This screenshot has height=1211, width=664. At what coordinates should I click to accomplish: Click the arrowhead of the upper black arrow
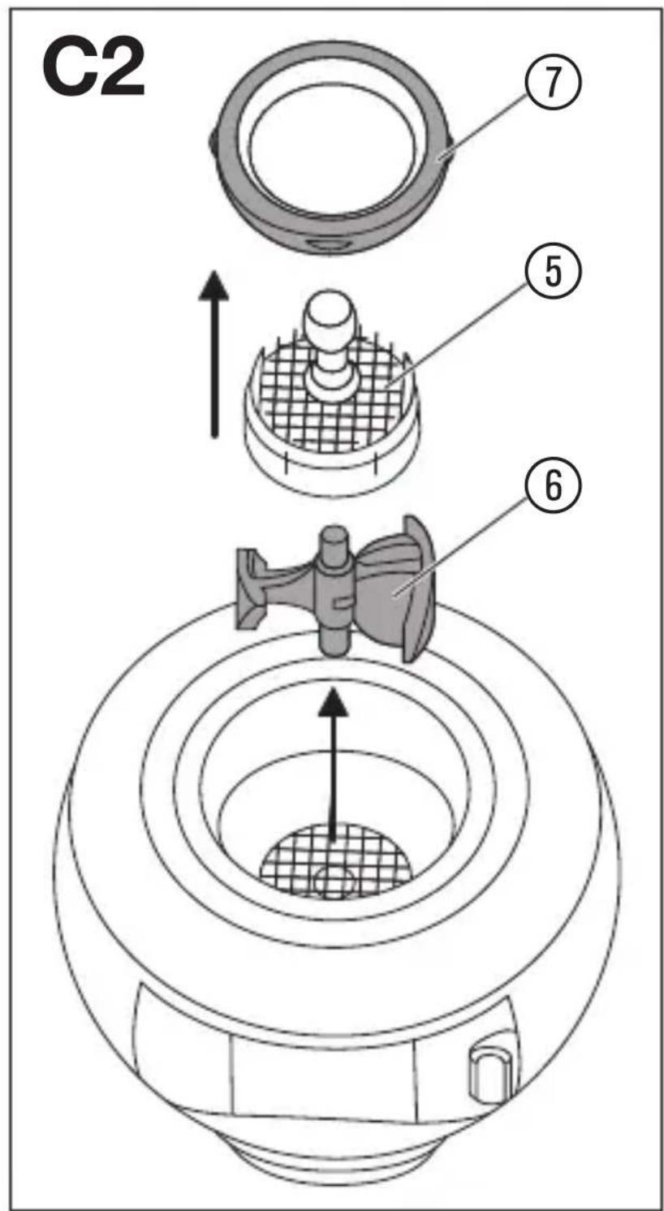click(x=215, y=284)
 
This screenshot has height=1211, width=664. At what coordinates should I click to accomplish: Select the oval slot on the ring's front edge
click(x=327, y=245)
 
